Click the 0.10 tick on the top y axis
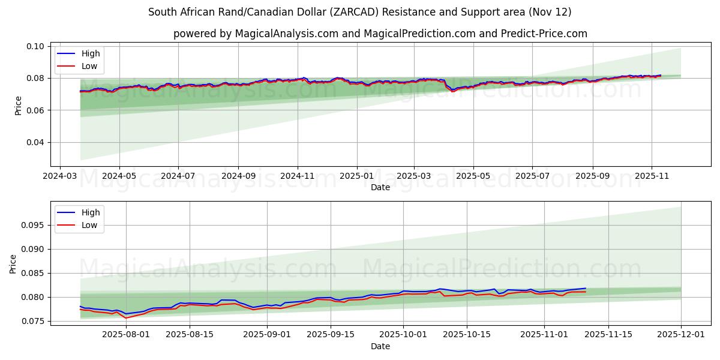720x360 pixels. [x=37, y=46]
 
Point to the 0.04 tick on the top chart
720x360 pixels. [x=37, y=142]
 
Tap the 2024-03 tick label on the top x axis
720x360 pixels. [x=59, y=176]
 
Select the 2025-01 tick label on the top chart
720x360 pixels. [x=357, y=176]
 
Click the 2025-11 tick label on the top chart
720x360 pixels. [x=652, y=176]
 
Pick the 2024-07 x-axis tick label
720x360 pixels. [x=178, y=176]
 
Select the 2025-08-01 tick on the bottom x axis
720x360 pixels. [x=127, y=335]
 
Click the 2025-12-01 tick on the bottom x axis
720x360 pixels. [x=681, y=335]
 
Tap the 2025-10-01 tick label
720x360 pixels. [x=404, y=335]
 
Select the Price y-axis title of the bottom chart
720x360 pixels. [x=13, y=263]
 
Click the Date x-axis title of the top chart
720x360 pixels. [x=380, y=187]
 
